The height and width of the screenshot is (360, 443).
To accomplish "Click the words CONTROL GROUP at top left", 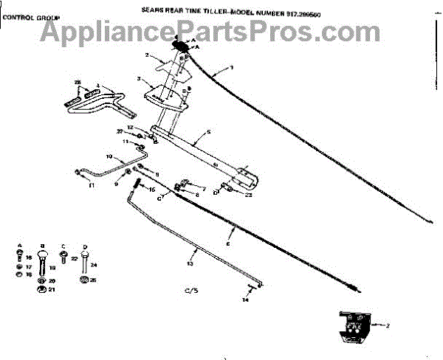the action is click(32, 16).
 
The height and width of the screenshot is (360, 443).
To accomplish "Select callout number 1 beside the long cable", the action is click(231, 67).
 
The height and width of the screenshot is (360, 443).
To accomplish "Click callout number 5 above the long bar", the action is click(209, 132).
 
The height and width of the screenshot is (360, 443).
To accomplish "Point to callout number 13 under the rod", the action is click(190, 263).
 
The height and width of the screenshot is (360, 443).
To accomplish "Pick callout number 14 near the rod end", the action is click(247, 300).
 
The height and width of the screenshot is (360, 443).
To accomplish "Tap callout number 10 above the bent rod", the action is click(108, 157).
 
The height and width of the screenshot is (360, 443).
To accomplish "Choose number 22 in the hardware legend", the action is click(75, 258).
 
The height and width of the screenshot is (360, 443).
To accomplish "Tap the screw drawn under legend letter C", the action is click(63, 257).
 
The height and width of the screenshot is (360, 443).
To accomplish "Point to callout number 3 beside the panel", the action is click(139, 78).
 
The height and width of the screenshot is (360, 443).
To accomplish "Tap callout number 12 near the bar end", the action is click(130, 128).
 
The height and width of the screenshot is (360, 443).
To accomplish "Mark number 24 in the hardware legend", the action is click(94, 264).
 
